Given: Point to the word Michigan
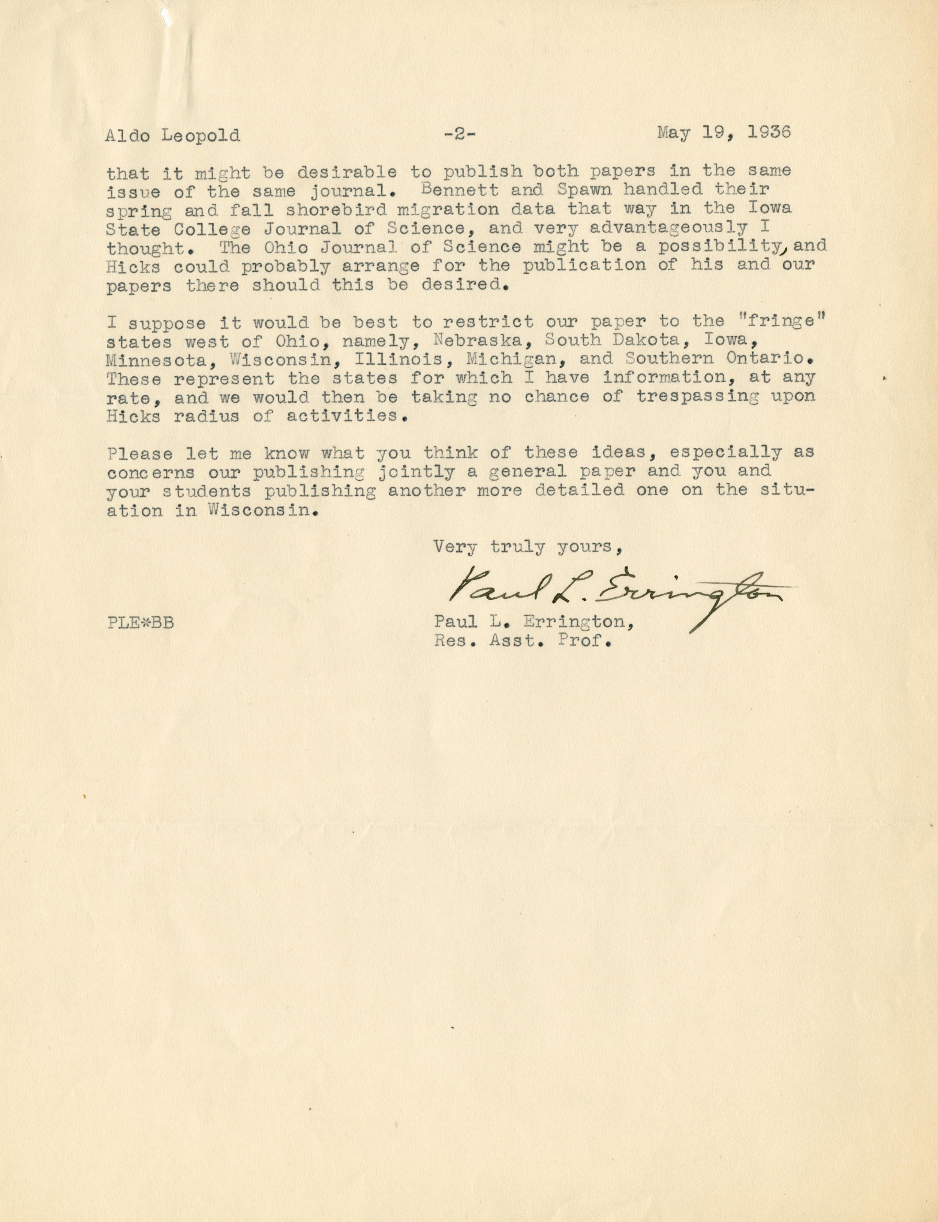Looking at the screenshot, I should click(x=515, y=359).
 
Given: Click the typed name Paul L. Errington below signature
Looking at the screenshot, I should click(x=534, y=622).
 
